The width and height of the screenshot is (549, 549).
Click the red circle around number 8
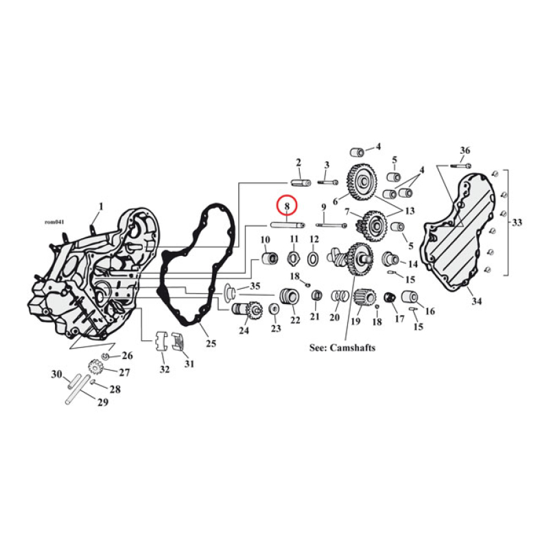287,206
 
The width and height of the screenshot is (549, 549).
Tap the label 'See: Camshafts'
342,348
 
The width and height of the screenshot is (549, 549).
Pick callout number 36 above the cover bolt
465,151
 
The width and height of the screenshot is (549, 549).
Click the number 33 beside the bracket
516,222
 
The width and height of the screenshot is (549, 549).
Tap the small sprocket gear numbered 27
96,370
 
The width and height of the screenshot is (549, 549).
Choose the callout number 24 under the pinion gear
244,330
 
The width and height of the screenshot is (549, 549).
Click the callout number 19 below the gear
355,321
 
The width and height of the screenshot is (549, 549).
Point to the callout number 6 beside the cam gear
336,201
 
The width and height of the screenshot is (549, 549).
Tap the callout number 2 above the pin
299,163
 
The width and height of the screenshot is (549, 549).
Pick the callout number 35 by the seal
255,285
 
